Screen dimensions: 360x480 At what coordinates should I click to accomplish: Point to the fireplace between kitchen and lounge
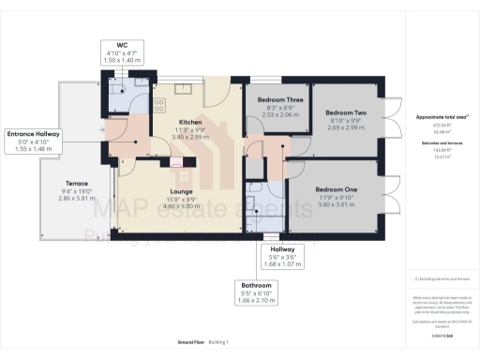point(176,160)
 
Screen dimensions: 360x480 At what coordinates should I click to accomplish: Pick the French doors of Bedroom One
point(393,202)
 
